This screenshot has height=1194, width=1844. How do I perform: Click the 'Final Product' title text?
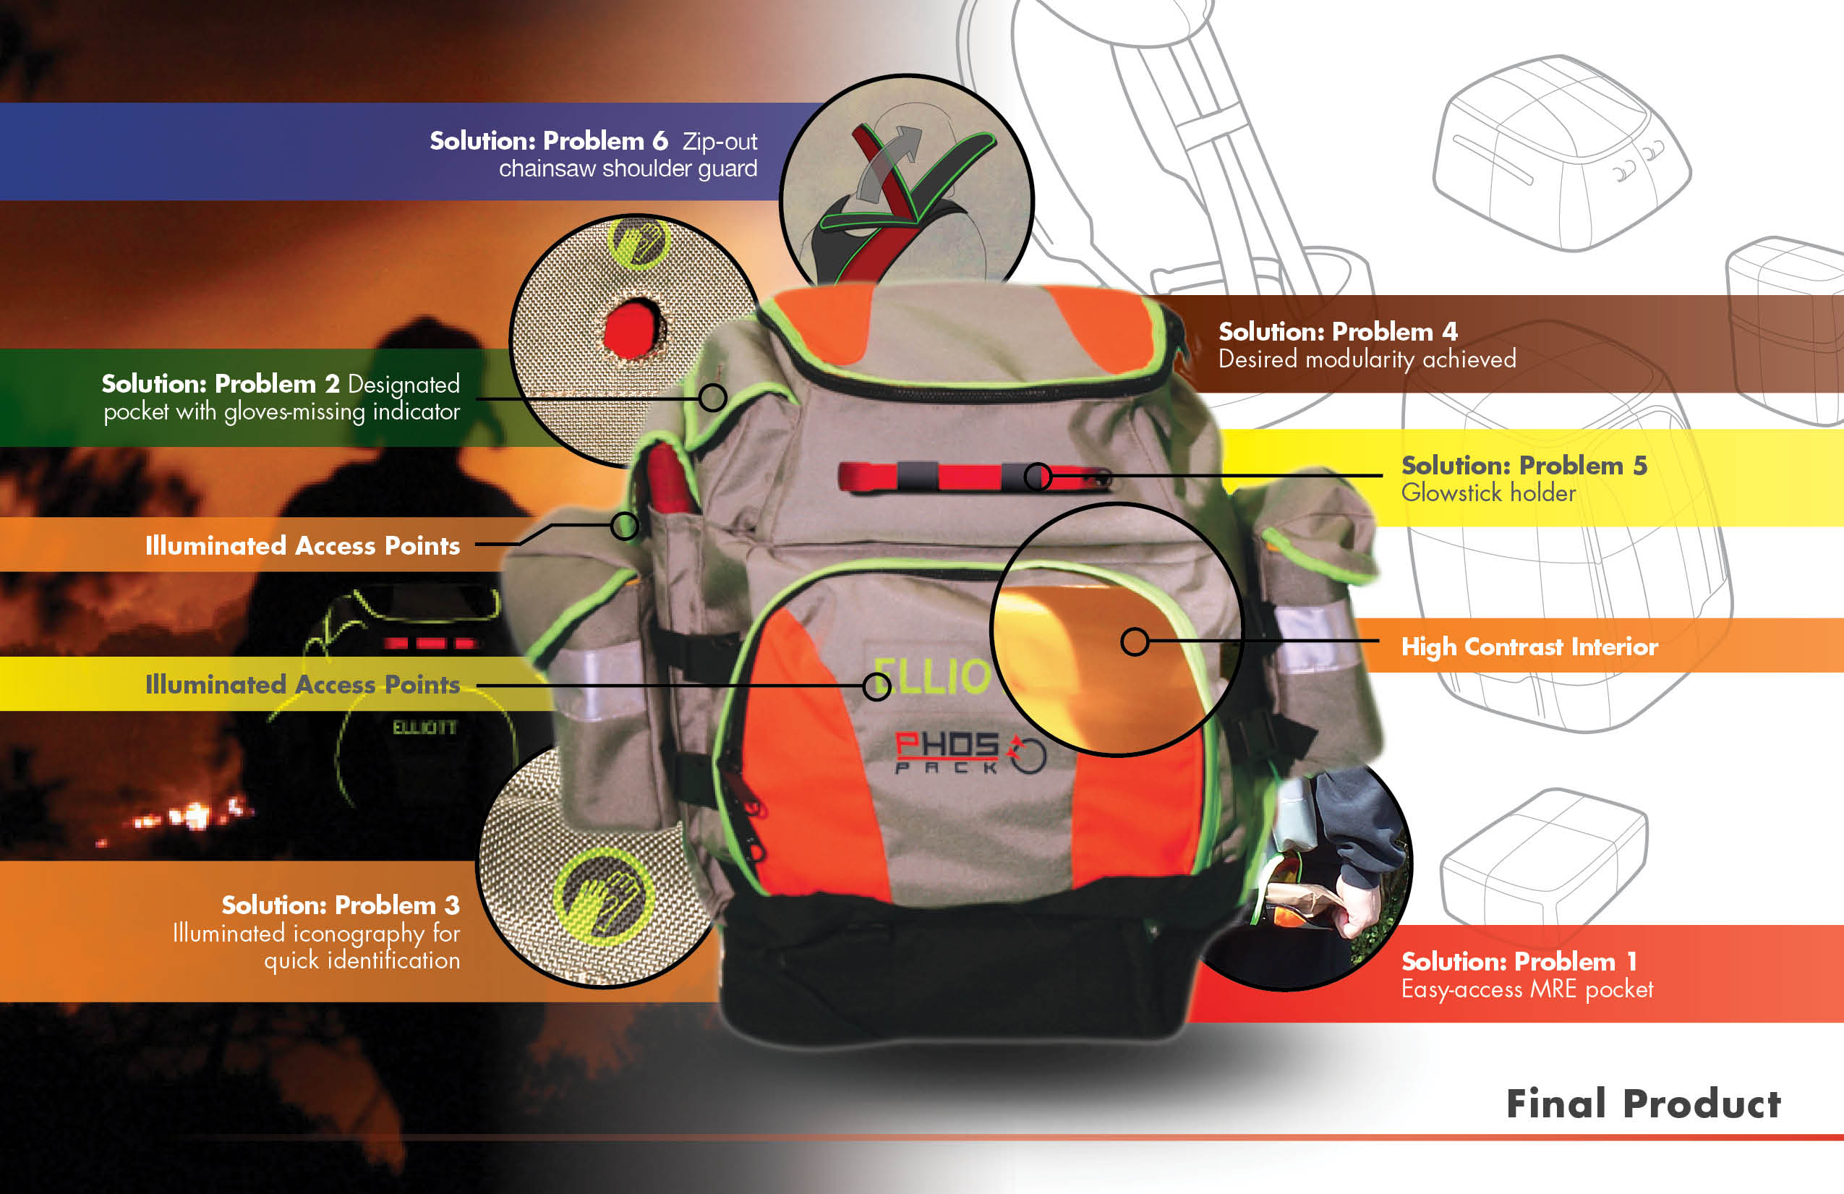pyautogui.click(x=1642, y=1104)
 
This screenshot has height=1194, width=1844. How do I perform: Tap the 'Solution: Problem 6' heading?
pyautogui.click(x=549, y=141)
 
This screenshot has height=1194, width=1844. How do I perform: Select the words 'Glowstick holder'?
pyautogui.click(x=1487, y=492)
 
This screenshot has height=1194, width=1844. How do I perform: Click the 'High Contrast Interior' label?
pyautogui.click(x=1529, y=647)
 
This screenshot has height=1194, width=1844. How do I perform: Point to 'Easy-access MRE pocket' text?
pyautogui.click(x=1527, y=989)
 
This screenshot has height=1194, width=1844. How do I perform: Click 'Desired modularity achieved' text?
pyautogui.click(x=1367, y=359)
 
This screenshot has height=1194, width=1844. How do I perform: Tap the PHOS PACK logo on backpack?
pyautogui.click(x=968, y=751)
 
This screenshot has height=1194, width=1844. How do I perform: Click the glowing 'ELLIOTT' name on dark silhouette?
pyautogui.click(x=424, y=728)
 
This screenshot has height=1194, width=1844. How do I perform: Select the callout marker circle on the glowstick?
pyautogui.click(x=1038, y=477)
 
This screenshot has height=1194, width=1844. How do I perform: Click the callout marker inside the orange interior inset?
pyautogui.click(x=1135, y=641)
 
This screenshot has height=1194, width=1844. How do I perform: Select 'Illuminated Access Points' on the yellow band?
pyautogui.click(x=302, y=684)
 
